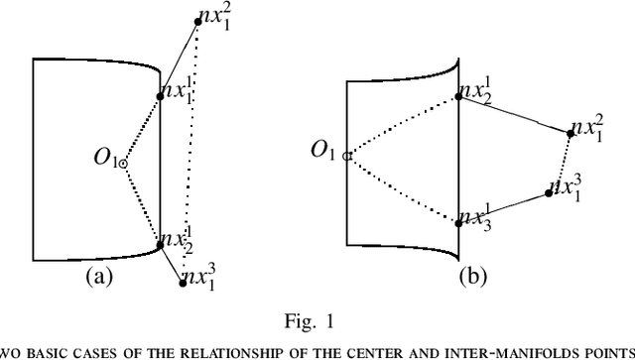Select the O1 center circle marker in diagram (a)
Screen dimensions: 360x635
pyautogui.click(x=123, y=164)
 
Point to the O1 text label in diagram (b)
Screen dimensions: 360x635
pyautogui.click(x=323, y=150)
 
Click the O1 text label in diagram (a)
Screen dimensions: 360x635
pyautogui.click(x=104, y=158)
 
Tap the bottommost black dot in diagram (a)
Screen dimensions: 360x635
pyautogui.click(x=183, y=282)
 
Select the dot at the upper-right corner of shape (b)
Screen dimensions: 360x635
pyautogui.click(x=457, y=96)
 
